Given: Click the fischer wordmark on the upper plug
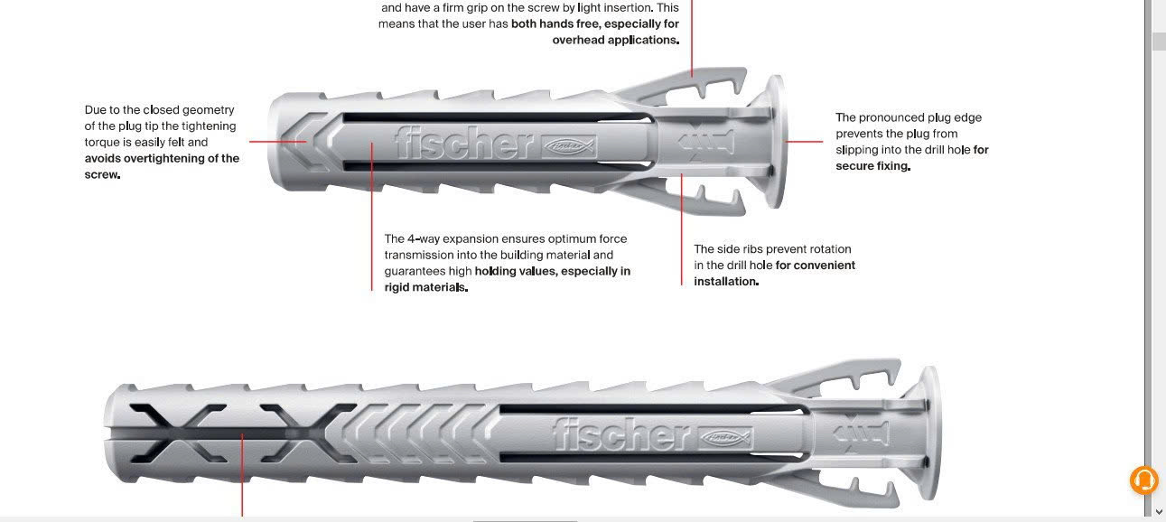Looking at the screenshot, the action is point(463,142).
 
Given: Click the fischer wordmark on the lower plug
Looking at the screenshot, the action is point(621,433).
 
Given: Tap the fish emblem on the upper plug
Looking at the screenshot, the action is point(569,146).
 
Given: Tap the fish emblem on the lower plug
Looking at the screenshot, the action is point(725,438).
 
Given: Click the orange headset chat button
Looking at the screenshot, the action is point(1143,480).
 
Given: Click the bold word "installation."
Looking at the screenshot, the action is point(726,281).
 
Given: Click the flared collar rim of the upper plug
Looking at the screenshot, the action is point(775,142).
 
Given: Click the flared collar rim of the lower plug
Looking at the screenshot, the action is point(929,433).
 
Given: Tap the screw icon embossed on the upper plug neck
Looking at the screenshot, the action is point(706,142).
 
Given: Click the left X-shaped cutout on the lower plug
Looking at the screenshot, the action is point(177,433).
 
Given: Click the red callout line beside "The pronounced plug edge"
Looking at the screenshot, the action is point(804,141).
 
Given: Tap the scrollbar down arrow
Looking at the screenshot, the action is point(1159,511).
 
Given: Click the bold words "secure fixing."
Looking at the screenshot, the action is point(873,166).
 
